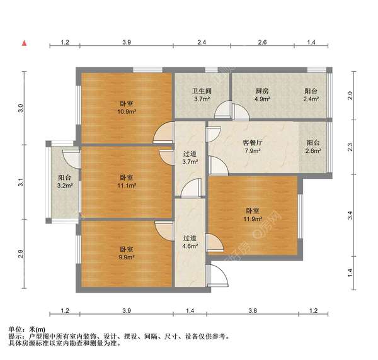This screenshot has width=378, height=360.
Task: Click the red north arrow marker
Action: (25, 43)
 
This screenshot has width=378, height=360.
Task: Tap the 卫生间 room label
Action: (202, 91)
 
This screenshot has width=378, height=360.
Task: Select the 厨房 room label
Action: (262, 91)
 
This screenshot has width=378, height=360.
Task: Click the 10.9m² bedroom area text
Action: (127, 112)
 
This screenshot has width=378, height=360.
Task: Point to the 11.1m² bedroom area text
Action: (127, 186)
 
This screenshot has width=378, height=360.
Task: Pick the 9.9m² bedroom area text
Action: (127, 257)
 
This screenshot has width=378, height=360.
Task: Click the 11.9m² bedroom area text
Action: (253, 219)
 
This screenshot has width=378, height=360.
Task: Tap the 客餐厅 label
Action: (253, 143)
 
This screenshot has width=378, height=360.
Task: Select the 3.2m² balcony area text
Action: (65, 186)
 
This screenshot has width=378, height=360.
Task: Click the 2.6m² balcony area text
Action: (313, 151)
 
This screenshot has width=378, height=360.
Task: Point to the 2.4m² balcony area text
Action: (311, 99)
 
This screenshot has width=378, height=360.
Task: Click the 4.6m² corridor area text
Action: (190, 246)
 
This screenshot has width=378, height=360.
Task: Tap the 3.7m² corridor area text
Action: (190, 162)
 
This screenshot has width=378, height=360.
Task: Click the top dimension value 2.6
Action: (262, 42)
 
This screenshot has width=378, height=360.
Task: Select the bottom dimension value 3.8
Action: (253, 311)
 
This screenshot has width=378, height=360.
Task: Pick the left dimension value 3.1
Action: (21, 182)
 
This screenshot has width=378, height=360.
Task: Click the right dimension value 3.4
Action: (350, 215)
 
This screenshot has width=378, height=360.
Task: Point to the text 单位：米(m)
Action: (26, 329)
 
